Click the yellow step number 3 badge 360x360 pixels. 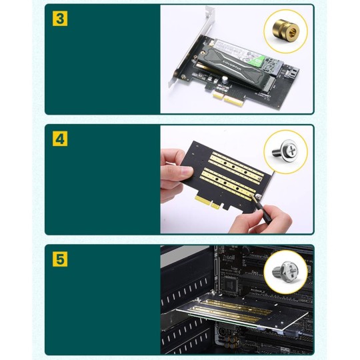click(60, 18)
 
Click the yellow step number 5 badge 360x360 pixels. click(60, 259)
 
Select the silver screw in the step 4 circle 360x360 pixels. click(285, 149)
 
